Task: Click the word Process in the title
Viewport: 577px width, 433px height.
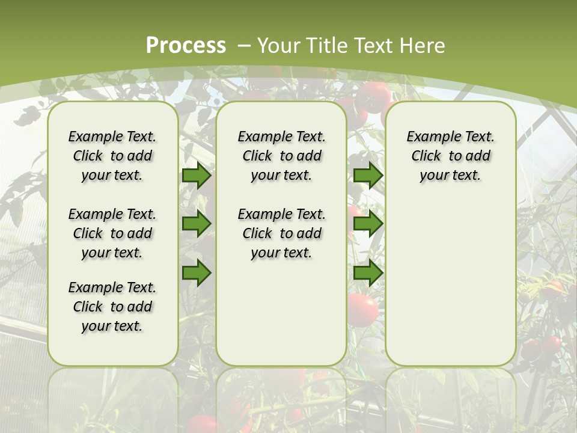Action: click(x=186, y=45)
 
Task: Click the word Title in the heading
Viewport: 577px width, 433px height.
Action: click(x=328, y=46)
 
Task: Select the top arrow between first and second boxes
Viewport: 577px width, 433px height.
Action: click(x=197, y=175)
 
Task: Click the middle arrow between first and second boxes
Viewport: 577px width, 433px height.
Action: click(x=197, y=224)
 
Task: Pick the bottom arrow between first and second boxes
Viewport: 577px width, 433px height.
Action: click(x=197, y=273)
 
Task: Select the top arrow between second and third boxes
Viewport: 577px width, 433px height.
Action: click(x=368, y=175)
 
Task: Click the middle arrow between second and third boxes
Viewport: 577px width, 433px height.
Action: click(x=368, y=224)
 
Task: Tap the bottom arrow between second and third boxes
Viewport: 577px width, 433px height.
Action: click(x=368, y=273)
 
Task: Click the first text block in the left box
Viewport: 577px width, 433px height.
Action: click(x=112, y=156)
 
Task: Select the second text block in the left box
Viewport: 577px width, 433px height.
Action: click(x=112, y=233)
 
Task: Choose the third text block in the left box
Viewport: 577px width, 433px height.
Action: click(x=112, y=307)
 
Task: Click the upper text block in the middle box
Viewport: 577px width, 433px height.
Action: click(x=281, y=156)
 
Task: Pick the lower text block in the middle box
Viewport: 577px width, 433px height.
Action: click(x=281, y=233)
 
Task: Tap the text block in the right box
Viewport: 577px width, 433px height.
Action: click(x=450, y=156)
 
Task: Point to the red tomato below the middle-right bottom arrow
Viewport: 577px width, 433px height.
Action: click(x=363, y=310)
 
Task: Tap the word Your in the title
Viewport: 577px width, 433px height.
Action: click(x=280, y=46)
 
